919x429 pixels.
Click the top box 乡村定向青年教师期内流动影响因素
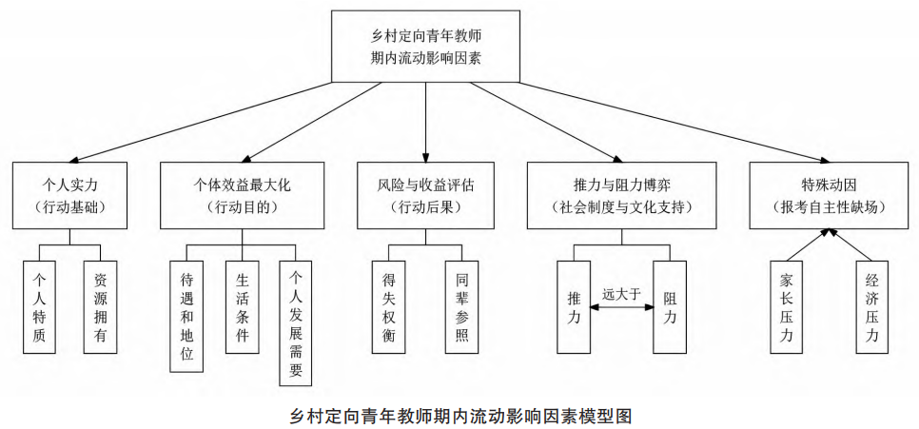pyautogui.click(x=425, y=46)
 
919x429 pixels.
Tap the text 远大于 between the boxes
pyautogui.click(x=621, y=295)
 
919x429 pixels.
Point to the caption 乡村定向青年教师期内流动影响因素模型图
pyautogui.click(x=459, y=416)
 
